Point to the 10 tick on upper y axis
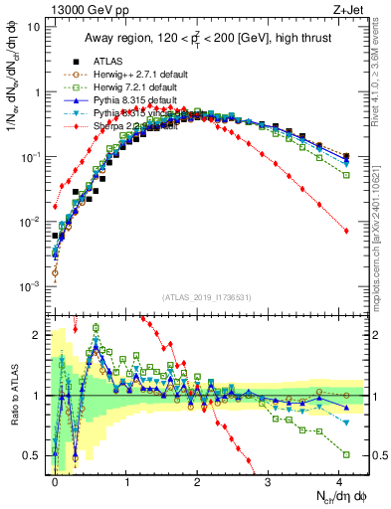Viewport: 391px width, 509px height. pyautogui.click(x=35, y=26)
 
